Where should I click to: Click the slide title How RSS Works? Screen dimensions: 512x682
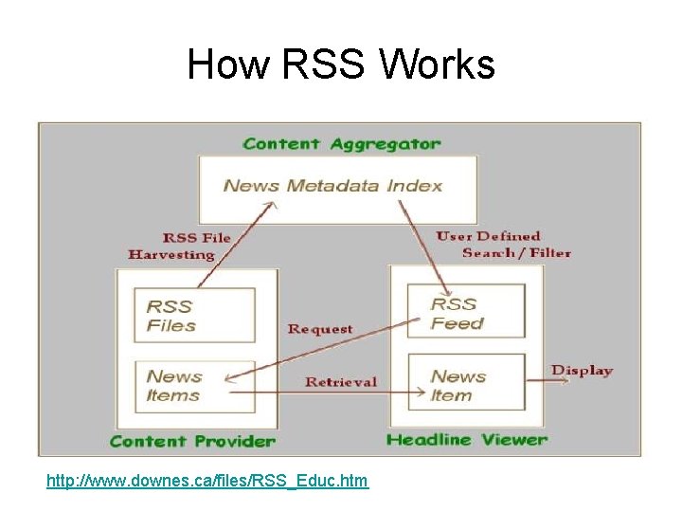click(340, 65)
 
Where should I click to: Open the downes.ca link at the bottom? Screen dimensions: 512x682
click(207, 482)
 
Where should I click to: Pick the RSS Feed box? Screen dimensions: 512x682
click(465, 313)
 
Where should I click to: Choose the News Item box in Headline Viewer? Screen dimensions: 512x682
click(465, 385)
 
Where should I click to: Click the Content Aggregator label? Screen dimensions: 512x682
click(341, 144)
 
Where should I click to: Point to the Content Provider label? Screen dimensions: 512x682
click(192, 441)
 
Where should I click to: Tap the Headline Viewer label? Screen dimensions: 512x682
click(467, 440)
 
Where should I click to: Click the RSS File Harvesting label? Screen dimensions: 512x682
click(180, 247)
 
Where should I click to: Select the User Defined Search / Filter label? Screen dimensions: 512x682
click(502, 245)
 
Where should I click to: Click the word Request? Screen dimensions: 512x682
click(319, 329)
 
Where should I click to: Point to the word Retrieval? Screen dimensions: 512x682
click(340, 382)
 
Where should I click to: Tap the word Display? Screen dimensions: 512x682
click(582, 371)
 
